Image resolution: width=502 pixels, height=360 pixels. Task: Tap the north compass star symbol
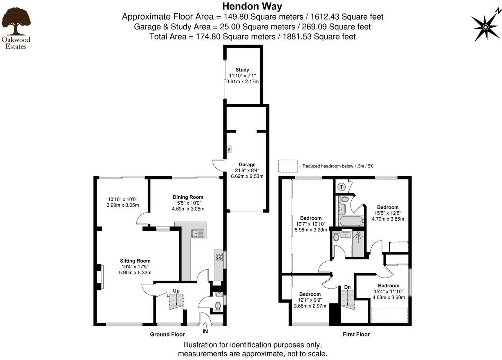tap(485, 27)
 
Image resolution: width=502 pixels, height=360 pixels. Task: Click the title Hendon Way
tap(252, 6)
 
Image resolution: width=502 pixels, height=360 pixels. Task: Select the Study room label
tap(242, 70)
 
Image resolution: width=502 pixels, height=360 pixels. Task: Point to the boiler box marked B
tap(229, 149)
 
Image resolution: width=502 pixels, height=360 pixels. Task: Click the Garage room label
tap(247, 165)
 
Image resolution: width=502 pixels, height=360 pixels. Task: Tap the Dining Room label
tap(188, 197)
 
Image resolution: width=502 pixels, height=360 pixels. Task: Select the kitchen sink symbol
tap(198, 234)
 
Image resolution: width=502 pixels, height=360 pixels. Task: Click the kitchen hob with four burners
tap(218, 257)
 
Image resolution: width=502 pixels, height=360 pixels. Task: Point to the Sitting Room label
tap(135, 261)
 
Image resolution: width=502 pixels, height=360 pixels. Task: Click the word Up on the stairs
tap(176, 291)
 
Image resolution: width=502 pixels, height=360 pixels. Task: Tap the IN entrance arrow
tap(205, 326)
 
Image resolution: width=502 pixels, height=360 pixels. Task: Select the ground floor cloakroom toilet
tap(218, 305)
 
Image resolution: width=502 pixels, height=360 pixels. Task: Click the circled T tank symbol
tap(342, 187)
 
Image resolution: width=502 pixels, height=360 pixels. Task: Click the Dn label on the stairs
tap(347, 287)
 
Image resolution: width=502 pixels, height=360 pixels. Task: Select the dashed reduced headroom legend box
tap(288, 166)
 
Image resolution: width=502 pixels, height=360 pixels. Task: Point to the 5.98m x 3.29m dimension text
tap(311, 230)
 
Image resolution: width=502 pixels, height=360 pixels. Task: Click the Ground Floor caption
tap(167, 335)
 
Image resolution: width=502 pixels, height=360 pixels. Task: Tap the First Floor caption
tap(356, 335)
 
